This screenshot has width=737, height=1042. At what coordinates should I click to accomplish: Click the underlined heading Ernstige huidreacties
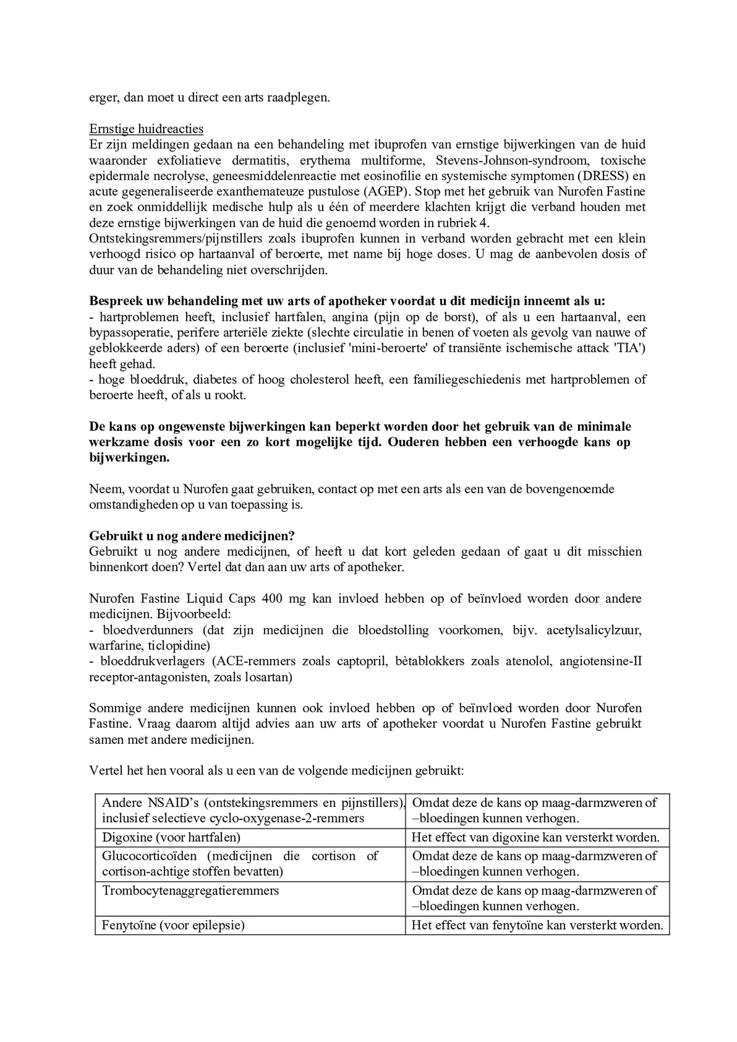pos(146,129)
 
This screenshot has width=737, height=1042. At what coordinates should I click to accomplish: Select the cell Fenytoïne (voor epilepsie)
pos(173,925)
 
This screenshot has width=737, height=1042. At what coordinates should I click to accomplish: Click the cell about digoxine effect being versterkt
pos(536,837)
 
